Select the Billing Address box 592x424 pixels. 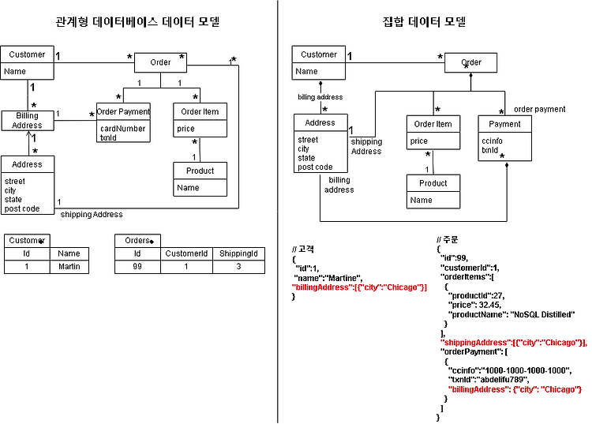coord(28,120)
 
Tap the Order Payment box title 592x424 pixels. coord(123,111)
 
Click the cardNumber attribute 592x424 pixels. coord(122,128)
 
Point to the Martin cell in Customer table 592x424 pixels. coord(69,267)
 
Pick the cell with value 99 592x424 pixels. coord(137,267)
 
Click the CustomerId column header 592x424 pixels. coord(186,253)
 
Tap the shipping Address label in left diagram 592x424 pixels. coord(92,214)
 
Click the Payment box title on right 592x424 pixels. coord(505,124)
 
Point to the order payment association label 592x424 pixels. coord(539,109)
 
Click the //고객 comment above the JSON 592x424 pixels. coord(303,250)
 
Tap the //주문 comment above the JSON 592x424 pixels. coord(448,239)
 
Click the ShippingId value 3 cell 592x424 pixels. coord(238,267)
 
